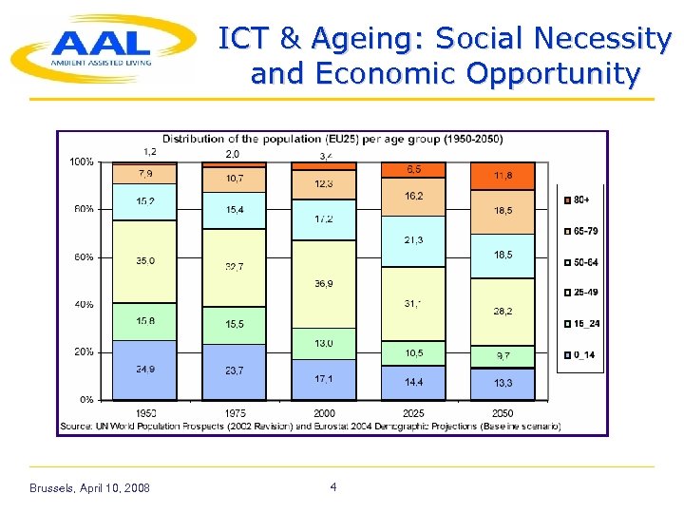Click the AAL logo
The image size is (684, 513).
pos(100,47)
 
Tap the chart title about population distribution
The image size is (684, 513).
pos(332,140)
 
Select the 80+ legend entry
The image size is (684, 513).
pos(579,200)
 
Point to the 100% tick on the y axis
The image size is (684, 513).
pos(82,162)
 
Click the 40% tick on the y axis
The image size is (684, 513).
pos(85,305)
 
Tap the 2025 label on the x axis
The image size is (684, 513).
pos(412,413)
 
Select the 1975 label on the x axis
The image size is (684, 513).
pos(234,413)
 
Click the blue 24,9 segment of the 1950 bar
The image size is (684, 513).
pos(144,370)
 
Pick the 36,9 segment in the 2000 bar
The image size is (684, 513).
pos(323,284)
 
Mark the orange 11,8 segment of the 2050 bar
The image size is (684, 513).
pos(503,176)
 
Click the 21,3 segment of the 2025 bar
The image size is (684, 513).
pos(412,241)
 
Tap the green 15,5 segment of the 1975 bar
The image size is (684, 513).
pos(234,325)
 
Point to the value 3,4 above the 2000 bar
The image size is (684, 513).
pos(325,155)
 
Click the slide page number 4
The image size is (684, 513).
pos(333,487)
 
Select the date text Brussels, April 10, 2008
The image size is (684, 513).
pos(89,488)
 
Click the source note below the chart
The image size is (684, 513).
pos(310,427)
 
